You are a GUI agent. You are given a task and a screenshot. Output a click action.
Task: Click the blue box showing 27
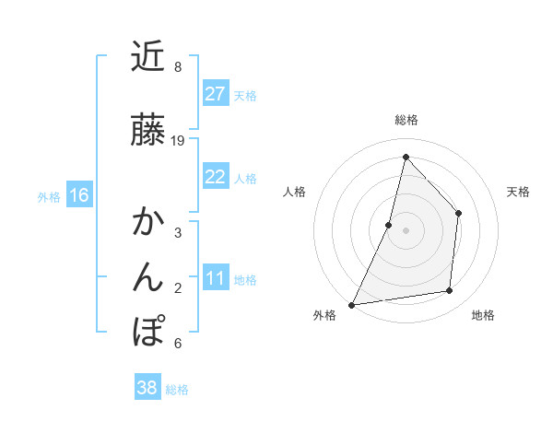pyautogui.click(x=216, y=94)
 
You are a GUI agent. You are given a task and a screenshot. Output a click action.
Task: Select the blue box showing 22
pyautogui.click(x=216, y=177)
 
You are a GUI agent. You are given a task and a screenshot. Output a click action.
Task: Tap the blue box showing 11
pyautogui.click(x=216, y=278)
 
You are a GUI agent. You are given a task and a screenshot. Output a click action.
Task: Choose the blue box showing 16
pyautogui.click(x=78, y=195)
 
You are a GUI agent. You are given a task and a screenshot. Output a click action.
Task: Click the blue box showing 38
pyautogui.click(x=147, y=388)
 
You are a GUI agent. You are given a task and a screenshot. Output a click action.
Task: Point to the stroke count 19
pyautogui.click(x=178, y=141)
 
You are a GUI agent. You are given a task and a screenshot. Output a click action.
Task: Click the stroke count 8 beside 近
pyautogui.click(x=178, y=67)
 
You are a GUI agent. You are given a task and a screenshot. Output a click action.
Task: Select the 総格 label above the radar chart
pyautogui.click(x=406, y=120)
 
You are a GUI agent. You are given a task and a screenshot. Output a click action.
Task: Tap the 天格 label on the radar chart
pyautogui.click(x=518, y=192)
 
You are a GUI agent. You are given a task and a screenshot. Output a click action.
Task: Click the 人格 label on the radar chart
pyautogui.click(x=294, y=192)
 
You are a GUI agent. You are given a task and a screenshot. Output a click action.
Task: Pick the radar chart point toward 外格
pyautogui.click(x=351, y=305)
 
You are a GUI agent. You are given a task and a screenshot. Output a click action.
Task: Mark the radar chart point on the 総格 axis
pyautogui.click(x=406, y=157)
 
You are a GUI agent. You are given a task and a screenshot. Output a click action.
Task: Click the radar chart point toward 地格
pyautogui.click(x=450, y=291)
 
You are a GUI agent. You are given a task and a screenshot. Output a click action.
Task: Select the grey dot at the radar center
pyautogui.click(x=406, y=230)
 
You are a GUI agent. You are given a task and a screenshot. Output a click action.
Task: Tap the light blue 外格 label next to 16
pyautogui.click(x=49, y=196)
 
